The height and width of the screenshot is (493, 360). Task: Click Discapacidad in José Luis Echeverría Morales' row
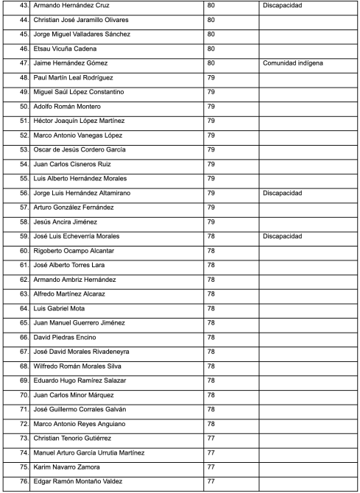point(282,236)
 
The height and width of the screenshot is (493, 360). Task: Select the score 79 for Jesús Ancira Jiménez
point(211,222)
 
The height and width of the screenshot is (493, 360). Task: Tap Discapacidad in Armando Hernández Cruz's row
point(282,6)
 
